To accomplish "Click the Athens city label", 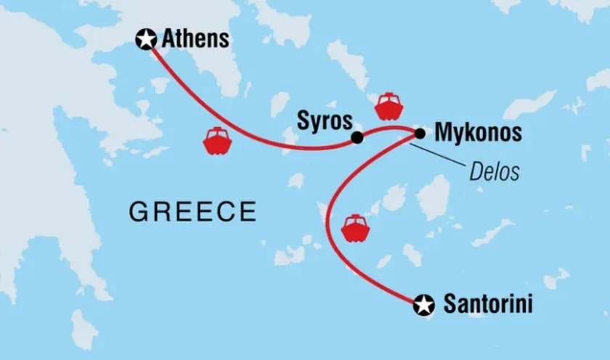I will click(x=195, y=39).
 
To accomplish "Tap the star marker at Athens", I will click(x=147, y=39).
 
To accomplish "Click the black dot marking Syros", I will click(x=357, y=138).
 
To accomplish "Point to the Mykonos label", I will click(x=477, y=134).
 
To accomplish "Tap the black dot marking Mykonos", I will click(x=420, y=134).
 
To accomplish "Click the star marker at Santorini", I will click(x=423, y=306).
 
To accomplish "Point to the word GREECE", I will click(x=192, y=212).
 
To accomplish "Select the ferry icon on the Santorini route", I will click(x=356, y=228).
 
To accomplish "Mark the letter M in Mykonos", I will click(x=443, y=134).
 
